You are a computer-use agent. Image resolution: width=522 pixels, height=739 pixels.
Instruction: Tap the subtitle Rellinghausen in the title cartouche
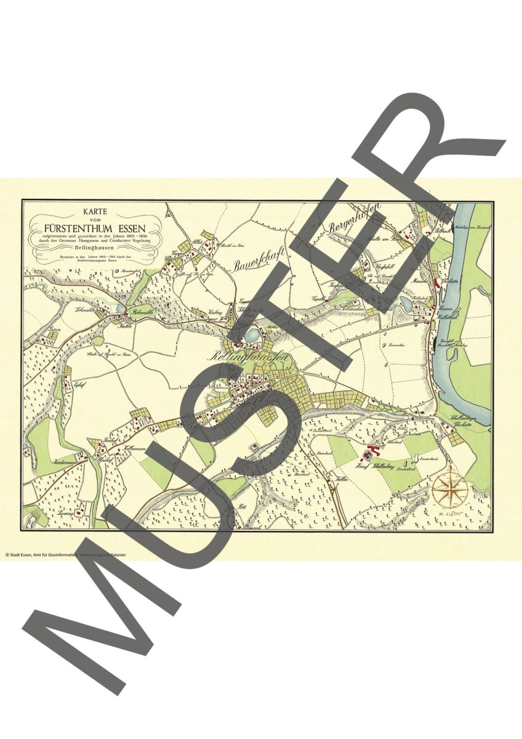pos(94,248)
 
